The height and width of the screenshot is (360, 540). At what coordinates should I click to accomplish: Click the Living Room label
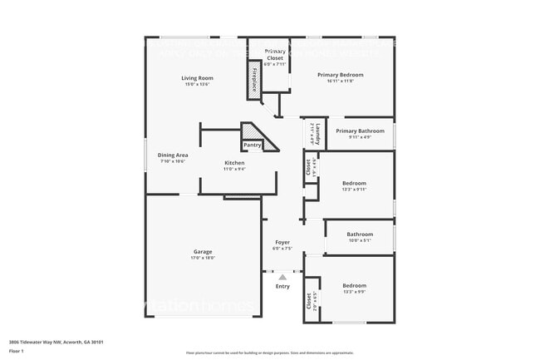197,77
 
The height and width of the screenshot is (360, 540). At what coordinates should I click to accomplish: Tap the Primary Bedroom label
340,74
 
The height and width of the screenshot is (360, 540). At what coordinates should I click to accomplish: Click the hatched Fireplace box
254,79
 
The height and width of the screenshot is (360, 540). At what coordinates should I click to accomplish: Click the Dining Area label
173,155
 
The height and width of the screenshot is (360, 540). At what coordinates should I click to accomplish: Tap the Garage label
204,251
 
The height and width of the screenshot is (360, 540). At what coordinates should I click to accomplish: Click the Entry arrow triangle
282,277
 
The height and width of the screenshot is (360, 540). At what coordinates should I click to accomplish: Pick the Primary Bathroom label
360,131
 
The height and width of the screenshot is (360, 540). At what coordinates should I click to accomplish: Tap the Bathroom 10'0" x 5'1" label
360,234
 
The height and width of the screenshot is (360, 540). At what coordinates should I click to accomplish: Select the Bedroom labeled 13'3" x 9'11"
354,183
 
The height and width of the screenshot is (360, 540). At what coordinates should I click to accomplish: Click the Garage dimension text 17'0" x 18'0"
204,259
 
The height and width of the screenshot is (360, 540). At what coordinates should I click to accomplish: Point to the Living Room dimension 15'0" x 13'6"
197,85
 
